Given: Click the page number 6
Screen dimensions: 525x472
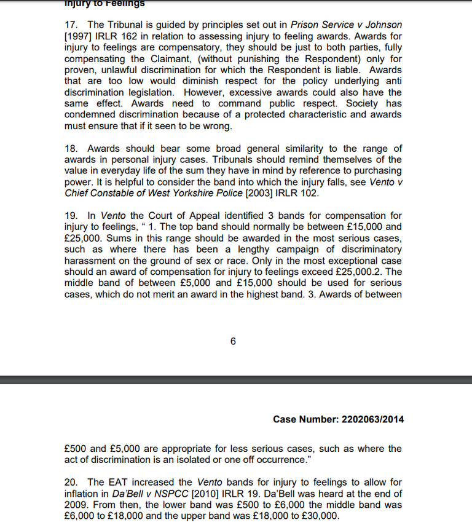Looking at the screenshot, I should (x=233, y=341).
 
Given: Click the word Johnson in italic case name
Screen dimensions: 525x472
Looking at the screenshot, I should (x=381, y=25).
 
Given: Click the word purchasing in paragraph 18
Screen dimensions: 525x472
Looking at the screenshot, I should (x=374, y=171).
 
